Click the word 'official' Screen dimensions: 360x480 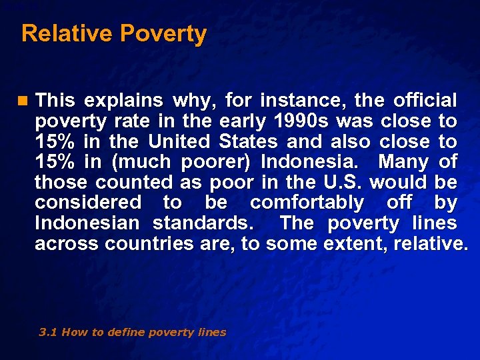425,101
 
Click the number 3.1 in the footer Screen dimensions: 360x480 48,332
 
